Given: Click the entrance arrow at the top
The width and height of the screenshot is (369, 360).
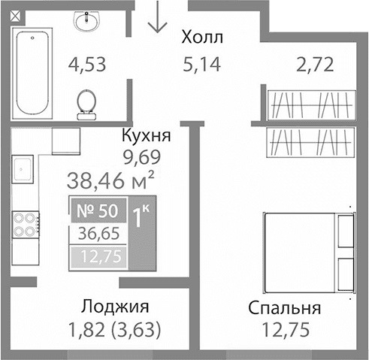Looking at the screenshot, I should pos(156,18).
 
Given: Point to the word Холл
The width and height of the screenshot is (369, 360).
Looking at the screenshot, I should pos(203,38).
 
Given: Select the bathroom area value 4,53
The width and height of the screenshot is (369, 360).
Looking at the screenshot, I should pos(87,65).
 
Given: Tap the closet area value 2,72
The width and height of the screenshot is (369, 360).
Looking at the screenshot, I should pos(315,65).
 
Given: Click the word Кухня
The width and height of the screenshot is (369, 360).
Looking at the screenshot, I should pos(147,137).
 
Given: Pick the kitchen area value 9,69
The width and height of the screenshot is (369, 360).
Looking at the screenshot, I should pos(143,158).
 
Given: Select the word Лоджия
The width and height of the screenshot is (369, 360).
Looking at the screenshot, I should pos(115,307).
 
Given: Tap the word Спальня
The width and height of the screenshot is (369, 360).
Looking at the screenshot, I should pos(286,308).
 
